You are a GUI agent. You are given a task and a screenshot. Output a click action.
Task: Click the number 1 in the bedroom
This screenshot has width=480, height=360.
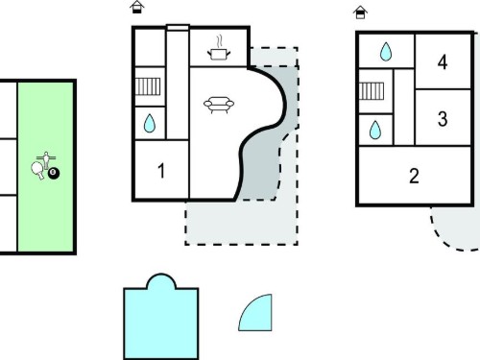coord(161,171)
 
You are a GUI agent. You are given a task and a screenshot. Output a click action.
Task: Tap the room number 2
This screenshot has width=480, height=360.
coord(414,176)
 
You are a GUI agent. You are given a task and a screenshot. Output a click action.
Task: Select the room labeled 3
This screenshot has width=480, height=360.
coord(443,119)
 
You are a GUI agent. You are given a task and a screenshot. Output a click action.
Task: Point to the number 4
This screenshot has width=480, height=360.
coord(443,62)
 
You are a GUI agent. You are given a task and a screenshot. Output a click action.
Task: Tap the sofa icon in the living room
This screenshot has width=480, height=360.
coord(219,105)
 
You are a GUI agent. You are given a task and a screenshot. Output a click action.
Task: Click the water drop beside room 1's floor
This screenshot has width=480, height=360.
coord(150,123)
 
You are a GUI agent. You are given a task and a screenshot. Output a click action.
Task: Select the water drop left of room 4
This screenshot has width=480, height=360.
coord(386,52)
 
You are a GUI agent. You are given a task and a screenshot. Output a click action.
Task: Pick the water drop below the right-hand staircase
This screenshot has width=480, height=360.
coord(375,130)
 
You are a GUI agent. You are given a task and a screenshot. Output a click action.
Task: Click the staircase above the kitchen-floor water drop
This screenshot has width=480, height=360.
coord(148,86)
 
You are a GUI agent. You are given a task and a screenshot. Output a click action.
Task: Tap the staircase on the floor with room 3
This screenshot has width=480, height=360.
coord(372,91)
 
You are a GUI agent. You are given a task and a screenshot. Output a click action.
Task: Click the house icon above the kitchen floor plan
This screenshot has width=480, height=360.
coord(137,7)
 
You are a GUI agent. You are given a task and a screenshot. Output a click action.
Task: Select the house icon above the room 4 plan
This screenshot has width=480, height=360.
coord(360,12)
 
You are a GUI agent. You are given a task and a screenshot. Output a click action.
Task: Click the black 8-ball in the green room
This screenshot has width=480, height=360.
coord(54,173)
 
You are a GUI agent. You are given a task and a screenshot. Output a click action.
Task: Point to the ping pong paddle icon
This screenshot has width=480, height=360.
coord(37,170)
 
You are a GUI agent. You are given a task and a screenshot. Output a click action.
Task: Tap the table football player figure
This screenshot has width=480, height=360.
coord(46,160)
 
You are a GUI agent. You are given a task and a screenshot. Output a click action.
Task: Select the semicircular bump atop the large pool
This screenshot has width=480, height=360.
coord(161,281)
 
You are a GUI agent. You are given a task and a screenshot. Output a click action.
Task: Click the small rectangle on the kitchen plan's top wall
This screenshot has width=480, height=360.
coord(179,28)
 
